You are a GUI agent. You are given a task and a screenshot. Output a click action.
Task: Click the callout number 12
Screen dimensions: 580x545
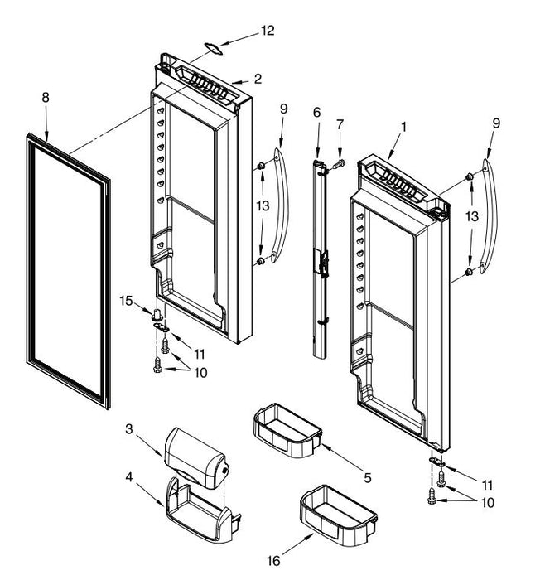click(267, 31)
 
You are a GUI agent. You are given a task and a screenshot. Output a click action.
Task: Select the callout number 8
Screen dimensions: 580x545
click(46, 98)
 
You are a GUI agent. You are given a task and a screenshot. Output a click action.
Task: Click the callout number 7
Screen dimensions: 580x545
click(339, 124)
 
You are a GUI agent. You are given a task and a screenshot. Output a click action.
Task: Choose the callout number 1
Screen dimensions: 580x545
click(403, 128)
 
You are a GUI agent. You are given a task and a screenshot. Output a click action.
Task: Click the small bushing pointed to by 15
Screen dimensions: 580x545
click(156, 315)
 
